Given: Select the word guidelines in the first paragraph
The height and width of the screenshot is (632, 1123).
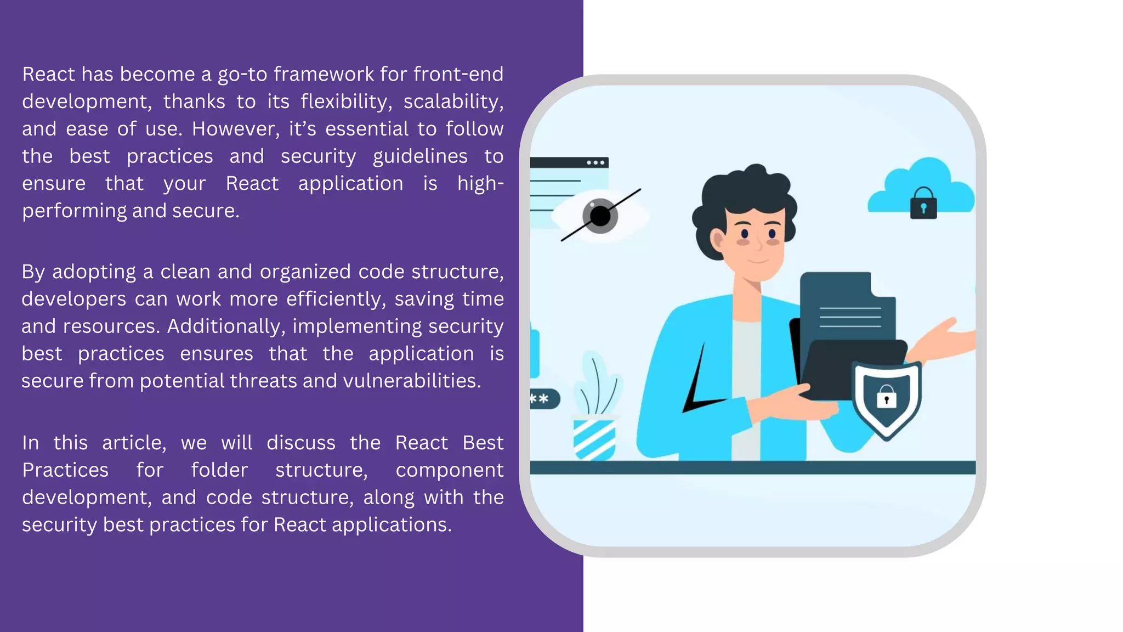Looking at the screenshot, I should pyautogui.click(x=420, y=156).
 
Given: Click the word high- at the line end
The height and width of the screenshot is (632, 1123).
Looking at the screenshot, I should pyautogui.click(x=480, y=183).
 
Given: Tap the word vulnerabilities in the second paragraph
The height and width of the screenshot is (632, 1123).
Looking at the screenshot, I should pyautogui.click(x=411, y=381).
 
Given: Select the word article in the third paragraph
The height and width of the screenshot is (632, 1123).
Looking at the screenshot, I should pyautogui.click(x=134, y=443).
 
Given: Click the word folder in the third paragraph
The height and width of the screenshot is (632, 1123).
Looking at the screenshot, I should pyautogui.click(x=219, y=470).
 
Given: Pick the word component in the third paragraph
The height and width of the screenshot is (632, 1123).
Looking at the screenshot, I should pyautogui.click(x=449, y=470).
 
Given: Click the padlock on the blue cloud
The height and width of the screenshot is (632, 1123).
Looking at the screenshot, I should pyautogui.click(x=923, y=204).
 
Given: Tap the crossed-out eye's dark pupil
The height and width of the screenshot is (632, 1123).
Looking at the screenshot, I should pyautogui.click(x=600, y=216).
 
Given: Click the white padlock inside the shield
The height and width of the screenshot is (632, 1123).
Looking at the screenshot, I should pyautogui.click(x=886, y=397).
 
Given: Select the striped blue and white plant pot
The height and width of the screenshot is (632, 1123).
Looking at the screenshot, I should pyautogui.click(x=594, y=439).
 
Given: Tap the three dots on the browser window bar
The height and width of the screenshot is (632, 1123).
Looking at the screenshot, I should pyautogui.click(x=595, y=163).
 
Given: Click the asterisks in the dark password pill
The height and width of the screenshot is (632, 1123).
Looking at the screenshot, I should pyautogui.click(x=540, y=399).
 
